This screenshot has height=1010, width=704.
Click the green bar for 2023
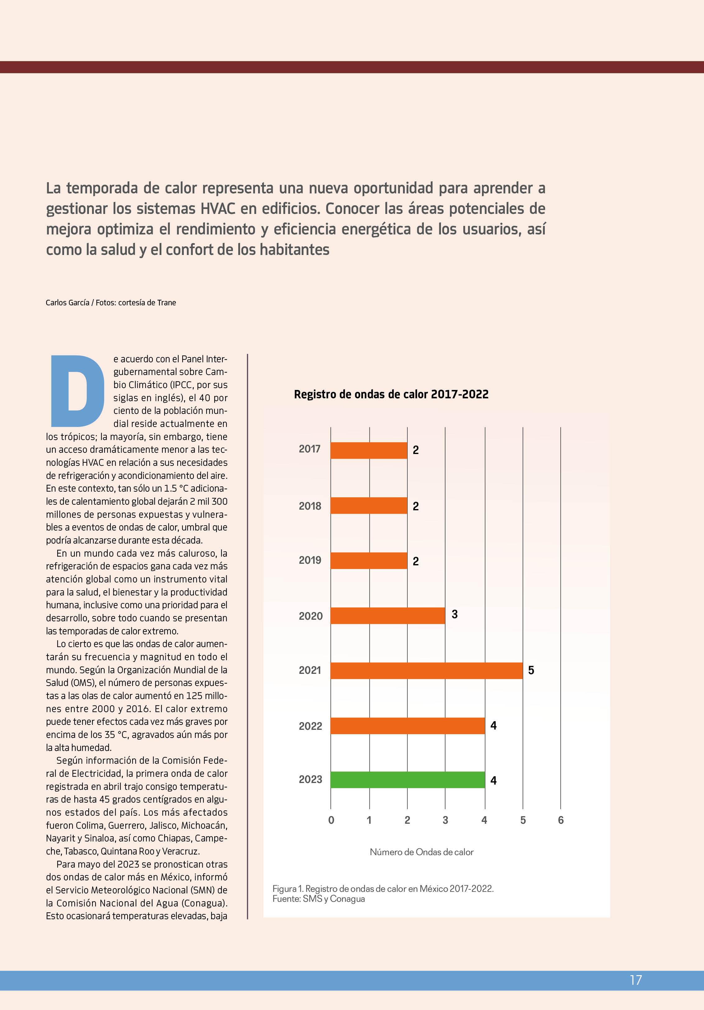pyautogui.click(x=407, y=780)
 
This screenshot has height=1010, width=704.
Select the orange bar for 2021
pyautogui.click(x=426, y=670)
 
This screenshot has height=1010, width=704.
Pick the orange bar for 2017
pyautogui.click(x=369, y=450)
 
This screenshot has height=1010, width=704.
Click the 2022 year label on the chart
pyautogui.click(x=310, y=726)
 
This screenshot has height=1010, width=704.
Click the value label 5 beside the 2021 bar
pyautogui.click(x=531, y=670)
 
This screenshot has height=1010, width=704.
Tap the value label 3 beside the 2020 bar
pyautogui.click(x=455, y=614)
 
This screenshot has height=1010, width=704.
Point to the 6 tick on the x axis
pyautogui.click(x=561, y=820)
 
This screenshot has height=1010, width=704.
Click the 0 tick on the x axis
pyautogui.click(x=331, y=820)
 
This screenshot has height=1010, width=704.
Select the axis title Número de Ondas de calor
pyautogui.click(x=422, y=852)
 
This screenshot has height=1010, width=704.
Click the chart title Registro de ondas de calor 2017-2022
pyautogui.click(x=391, y=394)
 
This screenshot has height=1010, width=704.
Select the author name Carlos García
pyautogui.click(x=67, y=303)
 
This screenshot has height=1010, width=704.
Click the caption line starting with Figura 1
pyautogui.click(x=383, y=889)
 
